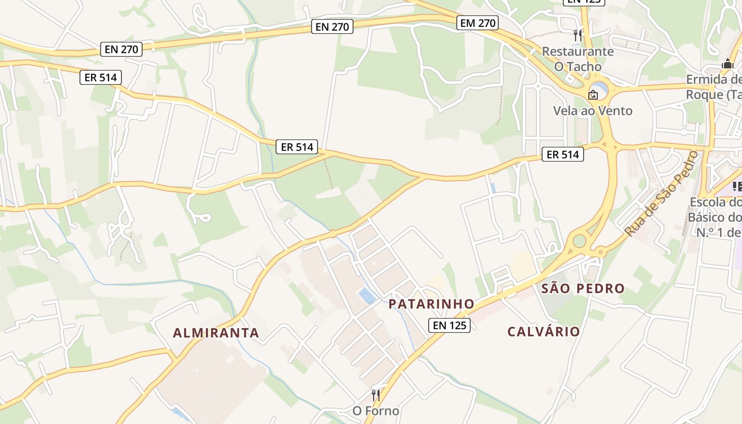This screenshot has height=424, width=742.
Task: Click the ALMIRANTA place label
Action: coord(216,333)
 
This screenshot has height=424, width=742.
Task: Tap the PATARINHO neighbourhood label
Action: coord(431,304)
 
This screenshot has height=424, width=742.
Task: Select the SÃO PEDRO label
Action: coord(582,289)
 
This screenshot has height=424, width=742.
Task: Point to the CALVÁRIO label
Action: coord(544,332)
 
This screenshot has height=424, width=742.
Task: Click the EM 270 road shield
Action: coord(478,23)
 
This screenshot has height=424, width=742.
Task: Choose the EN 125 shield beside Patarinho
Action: coord(449,325)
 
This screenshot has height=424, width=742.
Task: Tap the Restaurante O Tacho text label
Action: coord(578,59)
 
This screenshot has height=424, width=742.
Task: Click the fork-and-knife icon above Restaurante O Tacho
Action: coord(578,36)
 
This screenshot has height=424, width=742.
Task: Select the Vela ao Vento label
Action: coord(593,111)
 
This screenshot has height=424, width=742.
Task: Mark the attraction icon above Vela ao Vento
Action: coord(593,95)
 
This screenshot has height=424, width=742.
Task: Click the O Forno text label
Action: coord(376,411)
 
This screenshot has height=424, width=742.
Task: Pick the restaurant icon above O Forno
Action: coord(376,395)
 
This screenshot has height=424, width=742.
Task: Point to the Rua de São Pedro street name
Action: coord(662,193)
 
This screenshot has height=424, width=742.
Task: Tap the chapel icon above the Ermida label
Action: coord(727,64)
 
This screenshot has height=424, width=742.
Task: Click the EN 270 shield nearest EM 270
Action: coord(332,26)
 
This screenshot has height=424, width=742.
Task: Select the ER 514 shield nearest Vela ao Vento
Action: coord(562,154)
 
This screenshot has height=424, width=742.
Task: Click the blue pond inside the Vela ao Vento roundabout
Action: coord(599,87)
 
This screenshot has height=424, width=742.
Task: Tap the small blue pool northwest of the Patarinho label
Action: coord(367,296)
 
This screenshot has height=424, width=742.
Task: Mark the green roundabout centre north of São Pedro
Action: coord(579,242)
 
